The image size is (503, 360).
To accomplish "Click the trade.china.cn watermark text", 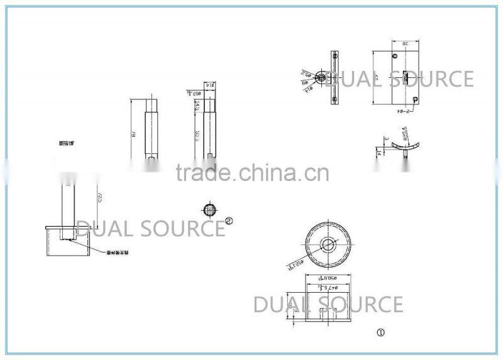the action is coord(252,172).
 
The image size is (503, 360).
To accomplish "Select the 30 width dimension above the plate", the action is coord(406,43).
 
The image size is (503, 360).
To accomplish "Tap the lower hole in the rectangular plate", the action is coord(416,99).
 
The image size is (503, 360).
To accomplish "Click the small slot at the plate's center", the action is coord(406,78).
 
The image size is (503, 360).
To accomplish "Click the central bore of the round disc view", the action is coord(327,243).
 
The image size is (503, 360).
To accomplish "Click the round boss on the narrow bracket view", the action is coord(321,78).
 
